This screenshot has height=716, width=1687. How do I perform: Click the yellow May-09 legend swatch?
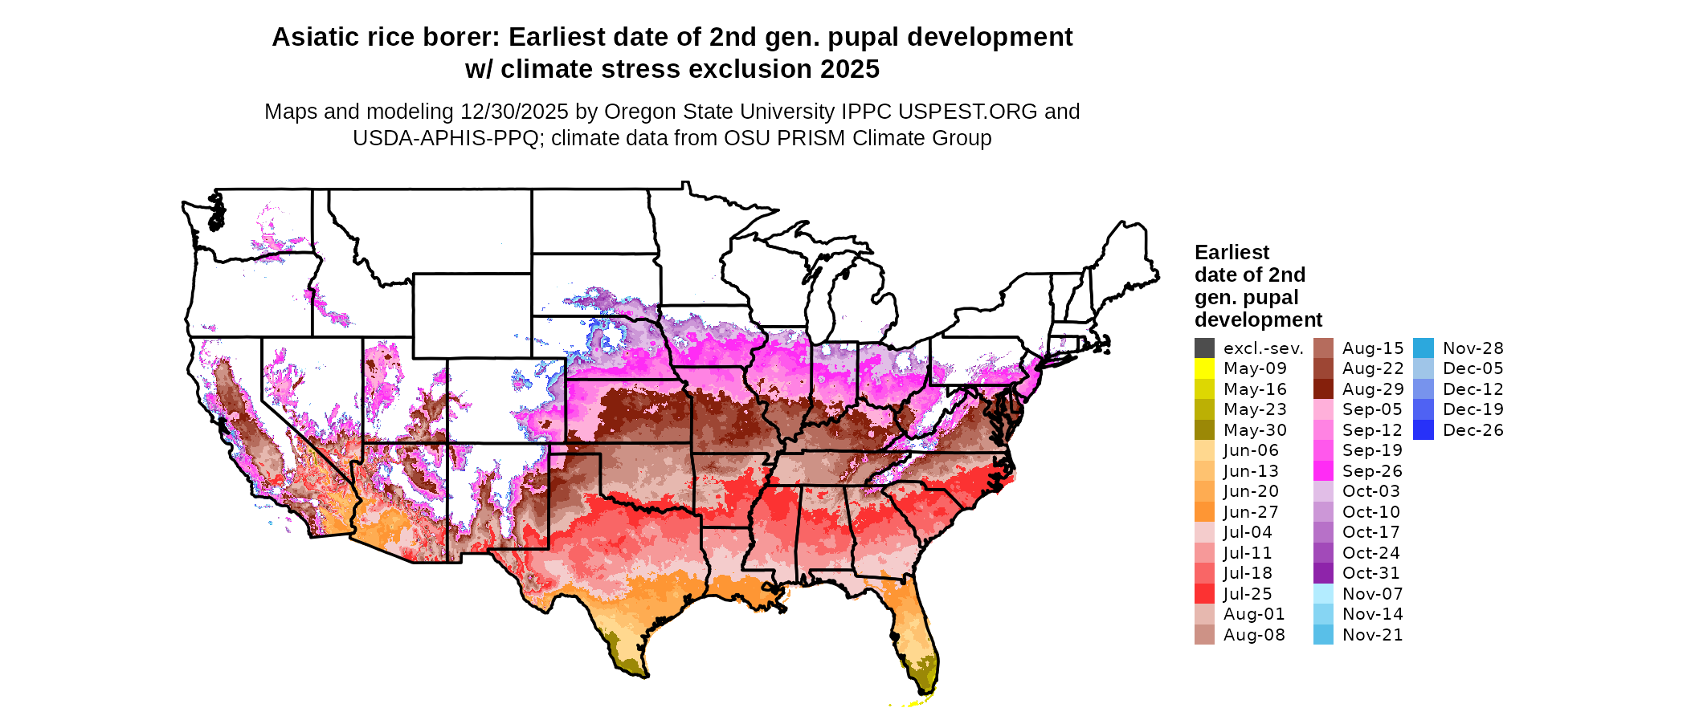(1204, 368)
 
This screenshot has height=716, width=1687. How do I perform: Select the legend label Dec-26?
(1473, 430)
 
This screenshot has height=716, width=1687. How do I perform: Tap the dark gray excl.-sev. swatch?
(1204, 348)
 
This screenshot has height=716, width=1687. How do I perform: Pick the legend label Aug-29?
(1373, 389)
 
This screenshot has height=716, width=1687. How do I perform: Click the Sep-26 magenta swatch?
(1323, 471)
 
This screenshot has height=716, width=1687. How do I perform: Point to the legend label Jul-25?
(1248, 594)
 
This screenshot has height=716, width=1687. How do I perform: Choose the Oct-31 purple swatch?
(1323, 573)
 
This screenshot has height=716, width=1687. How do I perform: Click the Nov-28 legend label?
(1473, 348)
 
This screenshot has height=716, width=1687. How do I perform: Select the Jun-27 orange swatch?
(1204, 512)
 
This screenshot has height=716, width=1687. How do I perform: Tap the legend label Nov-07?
(1372, 594)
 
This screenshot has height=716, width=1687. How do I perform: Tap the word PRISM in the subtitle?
(808, 138)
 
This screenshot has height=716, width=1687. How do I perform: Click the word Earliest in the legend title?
(1232, 253)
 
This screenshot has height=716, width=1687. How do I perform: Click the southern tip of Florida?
(924, 692)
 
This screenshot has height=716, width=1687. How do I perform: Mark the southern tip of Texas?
(639, 673)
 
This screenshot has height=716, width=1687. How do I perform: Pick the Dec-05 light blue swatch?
(1423, 368)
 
